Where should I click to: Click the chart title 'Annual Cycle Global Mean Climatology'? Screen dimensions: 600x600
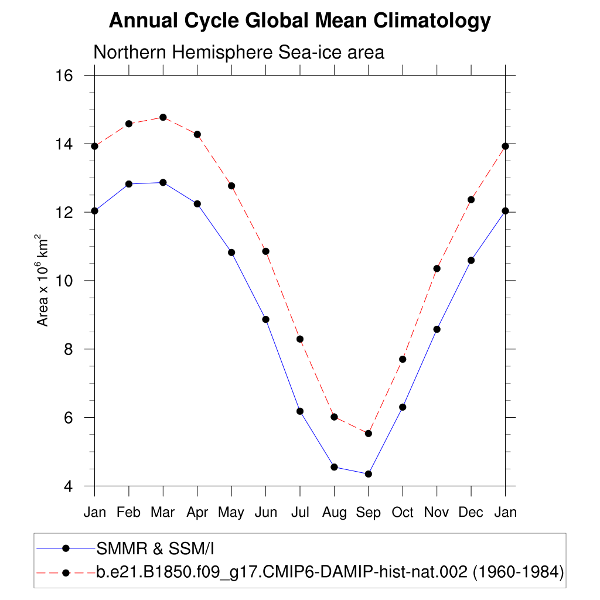click(x=299, y=21)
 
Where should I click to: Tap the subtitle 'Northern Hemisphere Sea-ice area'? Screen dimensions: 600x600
click(x=239, y=52)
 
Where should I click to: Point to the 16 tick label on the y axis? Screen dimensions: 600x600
click(x=64, y=76)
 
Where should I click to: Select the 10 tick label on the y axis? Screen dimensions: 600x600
click(x=64, y=281)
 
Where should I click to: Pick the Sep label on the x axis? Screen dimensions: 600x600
click(x=368, y=513)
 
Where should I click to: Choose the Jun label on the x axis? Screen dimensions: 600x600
click(x=265, y=513)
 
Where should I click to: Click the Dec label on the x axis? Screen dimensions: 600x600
click(x=471, y=513)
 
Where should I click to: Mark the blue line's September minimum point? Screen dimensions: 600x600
click(x=368, y=473)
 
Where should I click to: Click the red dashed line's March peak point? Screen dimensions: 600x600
click(x=163, y=117)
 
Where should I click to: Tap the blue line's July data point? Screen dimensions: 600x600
click(x=300, y=411)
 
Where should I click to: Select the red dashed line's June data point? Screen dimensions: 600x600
click(x=265, y=251)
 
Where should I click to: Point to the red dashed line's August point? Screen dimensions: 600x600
click(x=334, y=417)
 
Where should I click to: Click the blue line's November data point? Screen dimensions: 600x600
click(x=437, y=329)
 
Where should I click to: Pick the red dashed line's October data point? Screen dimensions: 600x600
click(x=403, y=359)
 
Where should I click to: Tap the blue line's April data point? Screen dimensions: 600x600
click(x=197, y=204)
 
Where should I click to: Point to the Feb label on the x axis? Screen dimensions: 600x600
click(x=128, y=513)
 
